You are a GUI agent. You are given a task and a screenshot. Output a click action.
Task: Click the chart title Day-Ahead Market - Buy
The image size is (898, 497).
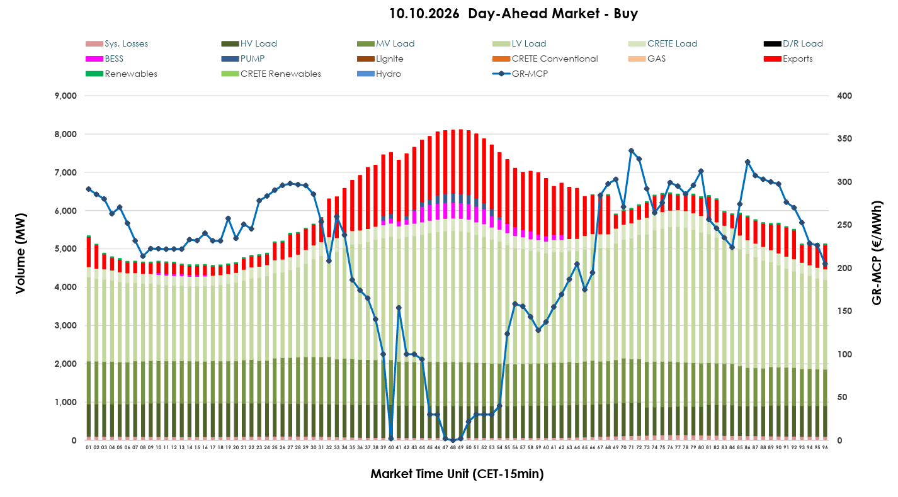(x=553, y=14)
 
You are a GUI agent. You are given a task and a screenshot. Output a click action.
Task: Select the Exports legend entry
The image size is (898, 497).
(x=788, y=59)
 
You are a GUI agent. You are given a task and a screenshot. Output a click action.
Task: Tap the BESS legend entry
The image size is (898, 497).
(x=105, y=59)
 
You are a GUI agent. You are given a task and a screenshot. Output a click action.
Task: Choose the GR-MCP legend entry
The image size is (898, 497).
(x=520, y=74)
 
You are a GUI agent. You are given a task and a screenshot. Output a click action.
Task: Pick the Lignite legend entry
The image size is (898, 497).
(x=380, y=59)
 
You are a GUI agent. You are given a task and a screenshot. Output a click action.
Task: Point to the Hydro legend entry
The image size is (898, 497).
(x=379, y=74)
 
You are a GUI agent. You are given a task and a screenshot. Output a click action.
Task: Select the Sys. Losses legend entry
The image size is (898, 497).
(x=117, y=43)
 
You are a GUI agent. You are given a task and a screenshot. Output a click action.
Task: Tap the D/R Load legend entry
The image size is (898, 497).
(x=793, y=43)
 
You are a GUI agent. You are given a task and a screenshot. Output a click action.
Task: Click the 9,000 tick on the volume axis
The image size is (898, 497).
(x=65, y=96)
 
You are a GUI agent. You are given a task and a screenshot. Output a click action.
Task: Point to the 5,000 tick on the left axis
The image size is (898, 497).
(x=65, y=248)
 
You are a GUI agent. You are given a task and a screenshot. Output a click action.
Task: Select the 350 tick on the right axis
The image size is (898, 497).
(x=844, y=138)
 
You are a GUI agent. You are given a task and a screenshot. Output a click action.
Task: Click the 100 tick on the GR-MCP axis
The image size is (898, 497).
(x=844, y=354)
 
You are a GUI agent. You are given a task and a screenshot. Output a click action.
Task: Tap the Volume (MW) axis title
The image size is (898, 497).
(x=20, y=254)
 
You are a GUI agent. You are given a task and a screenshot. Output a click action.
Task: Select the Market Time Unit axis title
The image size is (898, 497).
(x=457, y=474)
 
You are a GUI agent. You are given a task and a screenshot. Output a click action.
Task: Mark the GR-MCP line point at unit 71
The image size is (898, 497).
(x=631, y=150)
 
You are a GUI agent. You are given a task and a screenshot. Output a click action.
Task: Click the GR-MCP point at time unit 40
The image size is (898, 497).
(x=391, y=439)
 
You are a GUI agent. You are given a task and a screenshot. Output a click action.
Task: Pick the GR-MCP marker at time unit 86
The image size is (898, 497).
(x=747, y=162)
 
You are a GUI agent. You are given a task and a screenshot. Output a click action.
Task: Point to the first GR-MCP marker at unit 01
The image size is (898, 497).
(x=89, y=189)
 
